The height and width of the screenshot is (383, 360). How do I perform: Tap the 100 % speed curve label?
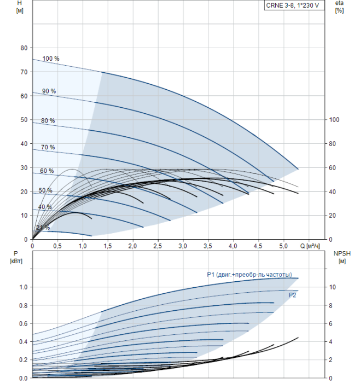click(51, 59)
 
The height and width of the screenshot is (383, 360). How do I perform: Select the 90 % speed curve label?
click(49, 91)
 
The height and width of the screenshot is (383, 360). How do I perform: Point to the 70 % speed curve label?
click(48, 147)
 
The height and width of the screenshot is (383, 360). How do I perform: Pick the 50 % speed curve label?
click(45, 190)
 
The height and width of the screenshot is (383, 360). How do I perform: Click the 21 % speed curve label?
click(43, 228)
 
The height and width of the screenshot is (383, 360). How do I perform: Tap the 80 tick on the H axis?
click(24, 48)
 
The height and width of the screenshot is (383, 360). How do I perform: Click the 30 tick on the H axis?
click(24, 168)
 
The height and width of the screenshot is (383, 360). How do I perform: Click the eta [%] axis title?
click(339, 7)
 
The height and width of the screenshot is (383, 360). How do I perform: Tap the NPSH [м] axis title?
click(340, 257)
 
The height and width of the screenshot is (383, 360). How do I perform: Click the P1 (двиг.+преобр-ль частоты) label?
click(249, 275)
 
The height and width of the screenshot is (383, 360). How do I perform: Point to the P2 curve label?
click(293, 295)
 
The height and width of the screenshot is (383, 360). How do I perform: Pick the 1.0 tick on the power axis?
click(24, 287)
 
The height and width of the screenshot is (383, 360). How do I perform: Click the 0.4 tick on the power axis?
click(24, 341)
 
